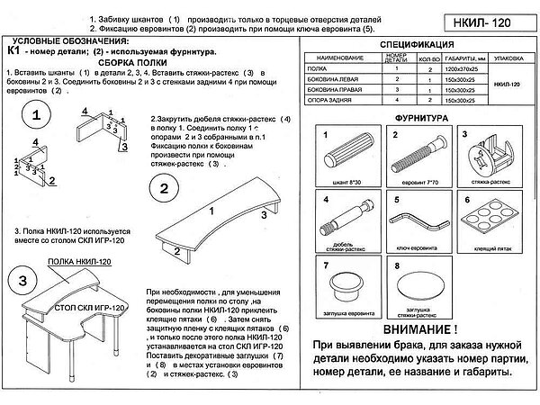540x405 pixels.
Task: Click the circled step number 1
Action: point(35,117)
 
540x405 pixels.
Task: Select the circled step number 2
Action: point(164,189)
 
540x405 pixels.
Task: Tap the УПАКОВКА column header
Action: point(506,56)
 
